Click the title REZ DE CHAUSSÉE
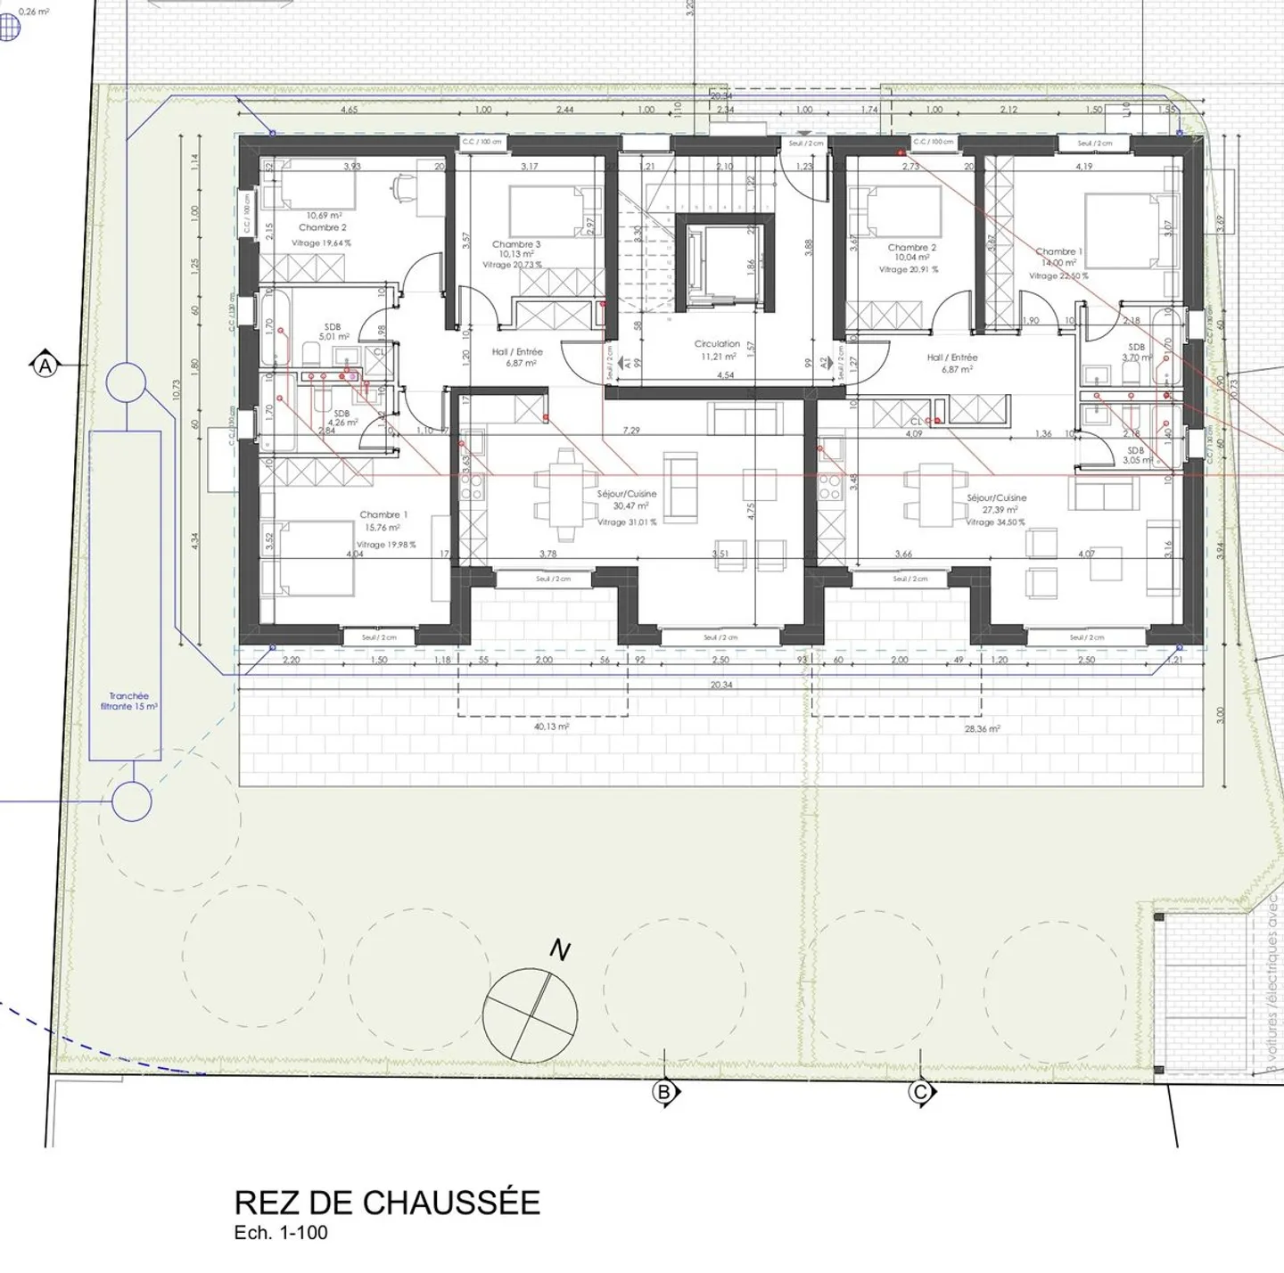click(387, 1203)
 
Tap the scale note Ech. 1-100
click(281, 1233)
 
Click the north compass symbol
click(530, 1014)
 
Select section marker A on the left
click(45, 365)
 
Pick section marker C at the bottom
click(920, 1091)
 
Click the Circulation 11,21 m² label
click(717, 349)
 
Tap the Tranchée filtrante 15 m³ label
click(128, 701)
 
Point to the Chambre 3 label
click(516, 244)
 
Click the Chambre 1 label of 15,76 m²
click(383, 521)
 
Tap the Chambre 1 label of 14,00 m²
click(1058, 257)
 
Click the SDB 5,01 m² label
click(333, 332)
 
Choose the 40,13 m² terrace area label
click(551, 727)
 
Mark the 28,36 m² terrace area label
click(982, 728)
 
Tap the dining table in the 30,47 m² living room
click(565, 495)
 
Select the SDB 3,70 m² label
click(1136, 352)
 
